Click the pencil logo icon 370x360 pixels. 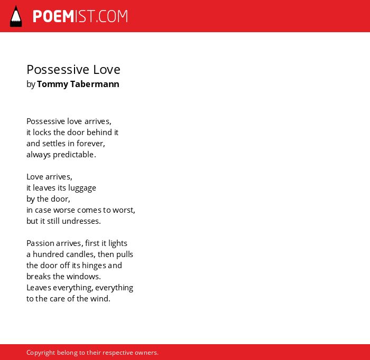(x=16, y=16)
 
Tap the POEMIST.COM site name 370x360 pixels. (x=80, y=16)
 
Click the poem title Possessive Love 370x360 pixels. (x=73, y=70)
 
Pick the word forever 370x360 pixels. (x=90, y=144)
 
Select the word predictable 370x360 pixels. (x=73, y=155)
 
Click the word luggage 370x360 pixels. (x=82, y=188)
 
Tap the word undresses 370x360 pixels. (x=81, y=221)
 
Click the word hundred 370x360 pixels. (x=49, y=254)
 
